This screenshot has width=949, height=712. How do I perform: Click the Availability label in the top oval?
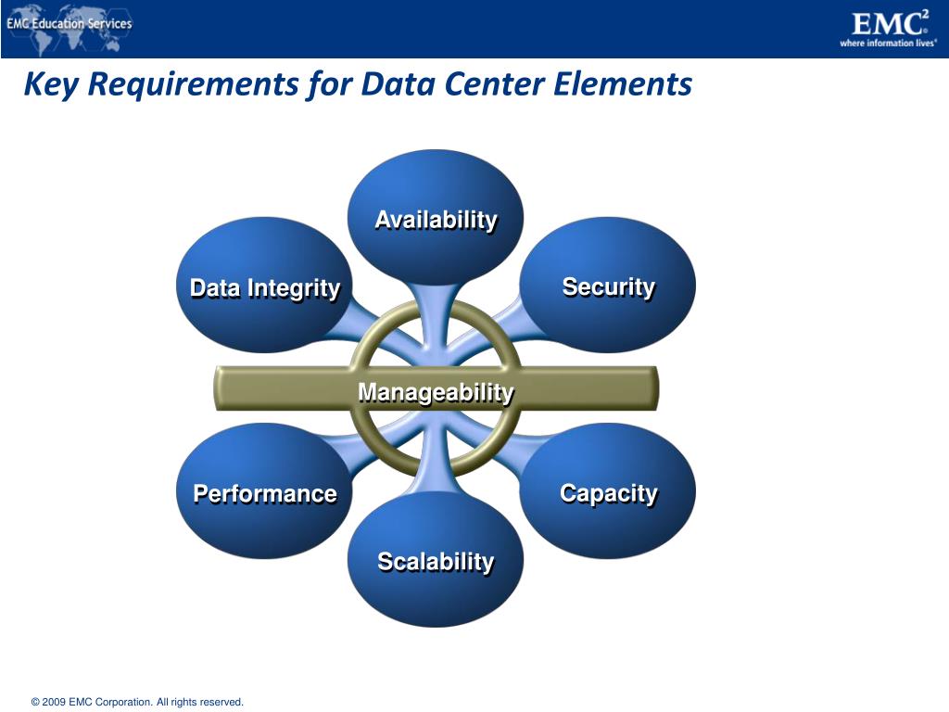(x=436, y=220)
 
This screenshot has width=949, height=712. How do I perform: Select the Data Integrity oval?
(x=264, y=286)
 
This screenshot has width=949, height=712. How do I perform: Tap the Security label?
(x=608, y=286)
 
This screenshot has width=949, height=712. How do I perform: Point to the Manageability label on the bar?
(x=436, y=392)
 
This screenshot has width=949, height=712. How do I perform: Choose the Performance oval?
(x=264, y=492)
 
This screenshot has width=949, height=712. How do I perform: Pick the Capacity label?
(x=608, y=492)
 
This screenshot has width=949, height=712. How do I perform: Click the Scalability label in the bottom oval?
(x=436, y=561)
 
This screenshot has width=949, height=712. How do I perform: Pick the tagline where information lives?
(x=888, y=43)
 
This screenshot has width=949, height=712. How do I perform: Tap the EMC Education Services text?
(x=70, y=23)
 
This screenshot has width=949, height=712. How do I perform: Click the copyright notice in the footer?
(x=137, y=702)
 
